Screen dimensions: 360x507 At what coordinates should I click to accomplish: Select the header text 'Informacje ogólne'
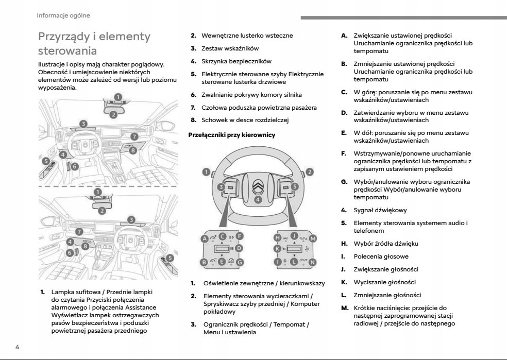click(63, 15)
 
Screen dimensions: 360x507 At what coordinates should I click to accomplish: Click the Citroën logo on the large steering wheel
click(258, 186)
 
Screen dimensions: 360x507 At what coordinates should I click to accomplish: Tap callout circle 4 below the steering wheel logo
click(258, 200)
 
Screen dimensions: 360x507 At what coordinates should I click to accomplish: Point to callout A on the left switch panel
click(205, 238)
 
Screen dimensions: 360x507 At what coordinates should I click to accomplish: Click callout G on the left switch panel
click(240, 262)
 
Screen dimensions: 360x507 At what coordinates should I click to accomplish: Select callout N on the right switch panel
click(312, 262)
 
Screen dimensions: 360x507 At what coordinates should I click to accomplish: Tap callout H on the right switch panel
click(277, 238)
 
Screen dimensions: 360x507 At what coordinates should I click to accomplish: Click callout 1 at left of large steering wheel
click(206, 172)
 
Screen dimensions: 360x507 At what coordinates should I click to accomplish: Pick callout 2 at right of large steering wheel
click(310, 172)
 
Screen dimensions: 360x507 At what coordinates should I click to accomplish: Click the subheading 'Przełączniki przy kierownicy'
click(233, 135)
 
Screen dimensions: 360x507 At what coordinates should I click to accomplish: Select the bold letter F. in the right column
click(344, 153)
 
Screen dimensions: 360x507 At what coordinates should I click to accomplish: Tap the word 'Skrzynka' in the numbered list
click(216, 61)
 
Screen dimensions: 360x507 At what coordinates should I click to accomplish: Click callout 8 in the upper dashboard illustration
click(133, 150)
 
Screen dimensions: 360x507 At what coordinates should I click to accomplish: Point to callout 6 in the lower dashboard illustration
click(70, 253)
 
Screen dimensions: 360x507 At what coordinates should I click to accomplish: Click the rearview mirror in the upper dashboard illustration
click(114, 107)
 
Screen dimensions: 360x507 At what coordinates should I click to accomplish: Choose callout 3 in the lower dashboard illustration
click(131, 220)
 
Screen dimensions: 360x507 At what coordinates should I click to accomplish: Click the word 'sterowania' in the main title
click(67, 52)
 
